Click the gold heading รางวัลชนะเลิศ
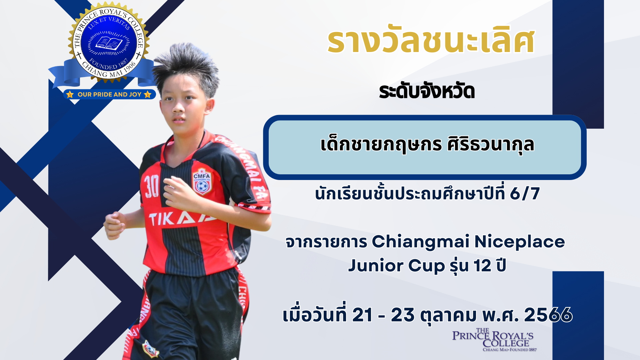(x=431, y=42)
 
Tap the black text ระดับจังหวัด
(x=427, y=91)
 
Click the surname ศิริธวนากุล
(x=491, y=145)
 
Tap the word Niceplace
(x=520, y=242)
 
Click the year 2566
(x=548, y=315)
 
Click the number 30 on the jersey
(x=151, y=187)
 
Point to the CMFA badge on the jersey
(x=202, y=183)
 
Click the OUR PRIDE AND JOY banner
(x=109, y=94)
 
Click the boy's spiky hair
(x=187, y=68)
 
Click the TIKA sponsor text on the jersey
(x=182, y=219)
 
